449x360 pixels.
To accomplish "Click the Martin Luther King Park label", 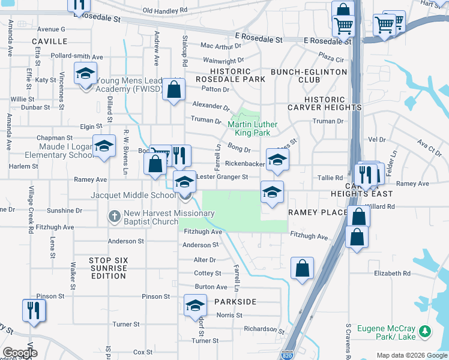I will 253,128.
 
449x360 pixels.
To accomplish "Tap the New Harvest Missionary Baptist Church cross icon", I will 115,215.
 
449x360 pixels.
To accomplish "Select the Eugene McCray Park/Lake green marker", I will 425,331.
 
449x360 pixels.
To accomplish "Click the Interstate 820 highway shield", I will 287,355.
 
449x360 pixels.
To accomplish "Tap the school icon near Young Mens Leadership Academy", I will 85,74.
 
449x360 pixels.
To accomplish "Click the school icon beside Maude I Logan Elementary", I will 104,146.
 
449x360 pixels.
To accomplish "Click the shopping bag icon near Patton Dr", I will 173,90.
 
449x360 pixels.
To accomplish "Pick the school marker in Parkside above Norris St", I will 194,306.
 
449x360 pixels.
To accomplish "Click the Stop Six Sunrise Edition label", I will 109,264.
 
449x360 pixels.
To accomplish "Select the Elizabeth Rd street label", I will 391,273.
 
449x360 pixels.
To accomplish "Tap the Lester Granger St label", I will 223,177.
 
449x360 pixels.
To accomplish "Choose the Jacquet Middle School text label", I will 133,196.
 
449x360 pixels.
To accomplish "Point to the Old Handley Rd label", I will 165,10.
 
